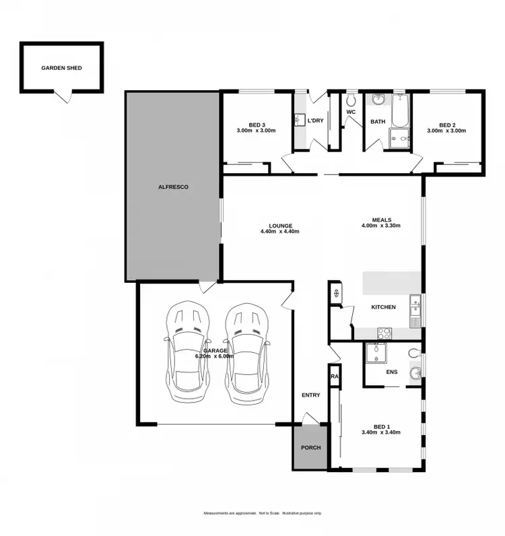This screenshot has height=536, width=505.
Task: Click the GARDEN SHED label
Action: click(61, 68)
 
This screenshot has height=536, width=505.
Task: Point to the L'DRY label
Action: click(315, 121)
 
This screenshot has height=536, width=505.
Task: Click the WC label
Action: click(350, 112)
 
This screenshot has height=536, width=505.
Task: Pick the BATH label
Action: click(377, 122)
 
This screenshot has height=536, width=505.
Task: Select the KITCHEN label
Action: click(384, 307)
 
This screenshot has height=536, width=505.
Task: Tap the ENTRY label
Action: click(311, 395)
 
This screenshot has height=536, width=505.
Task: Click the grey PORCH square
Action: click(310, 448)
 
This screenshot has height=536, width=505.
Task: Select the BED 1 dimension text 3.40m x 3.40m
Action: click(382, 432)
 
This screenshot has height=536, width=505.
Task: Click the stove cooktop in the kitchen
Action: click(384, 332)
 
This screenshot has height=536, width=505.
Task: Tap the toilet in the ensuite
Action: click(415, 352)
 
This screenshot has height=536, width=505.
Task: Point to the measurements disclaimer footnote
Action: click(263, 513)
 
